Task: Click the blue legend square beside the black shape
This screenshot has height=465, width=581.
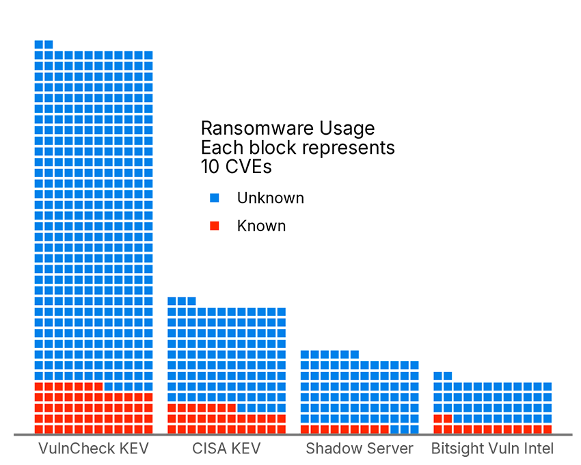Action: [x=215, y=198]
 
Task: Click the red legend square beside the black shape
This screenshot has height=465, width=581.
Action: [x=215, y=226]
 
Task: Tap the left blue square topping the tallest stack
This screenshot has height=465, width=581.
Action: [x=39, y=44]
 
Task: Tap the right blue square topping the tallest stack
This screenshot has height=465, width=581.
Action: [x=49, y=44]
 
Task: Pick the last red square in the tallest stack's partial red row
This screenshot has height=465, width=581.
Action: [x=98, y=386]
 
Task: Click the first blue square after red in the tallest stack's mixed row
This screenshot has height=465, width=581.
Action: [x=109, y=386]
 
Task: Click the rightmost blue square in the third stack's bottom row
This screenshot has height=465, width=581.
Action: [x=414, y=429]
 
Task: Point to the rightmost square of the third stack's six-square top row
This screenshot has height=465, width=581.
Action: [x=354, y=354]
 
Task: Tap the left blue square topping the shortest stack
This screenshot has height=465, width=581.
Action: [x=437, y=375]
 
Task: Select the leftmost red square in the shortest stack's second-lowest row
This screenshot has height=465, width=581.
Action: [x=437, y=418]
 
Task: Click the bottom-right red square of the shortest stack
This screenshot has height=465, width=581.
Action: [x=547, y=429]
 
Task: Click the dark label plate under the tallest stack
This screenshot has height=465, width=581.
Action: [x=92, y=448]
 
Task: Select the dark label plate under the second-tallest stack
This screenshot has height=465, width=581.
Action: [x=226, y=448]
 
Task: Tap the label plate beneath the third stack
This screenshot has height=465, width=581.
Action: [x=359, y=448]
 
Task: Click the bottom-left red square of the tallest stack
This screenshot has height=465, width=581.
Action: [x=39, y=429]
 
